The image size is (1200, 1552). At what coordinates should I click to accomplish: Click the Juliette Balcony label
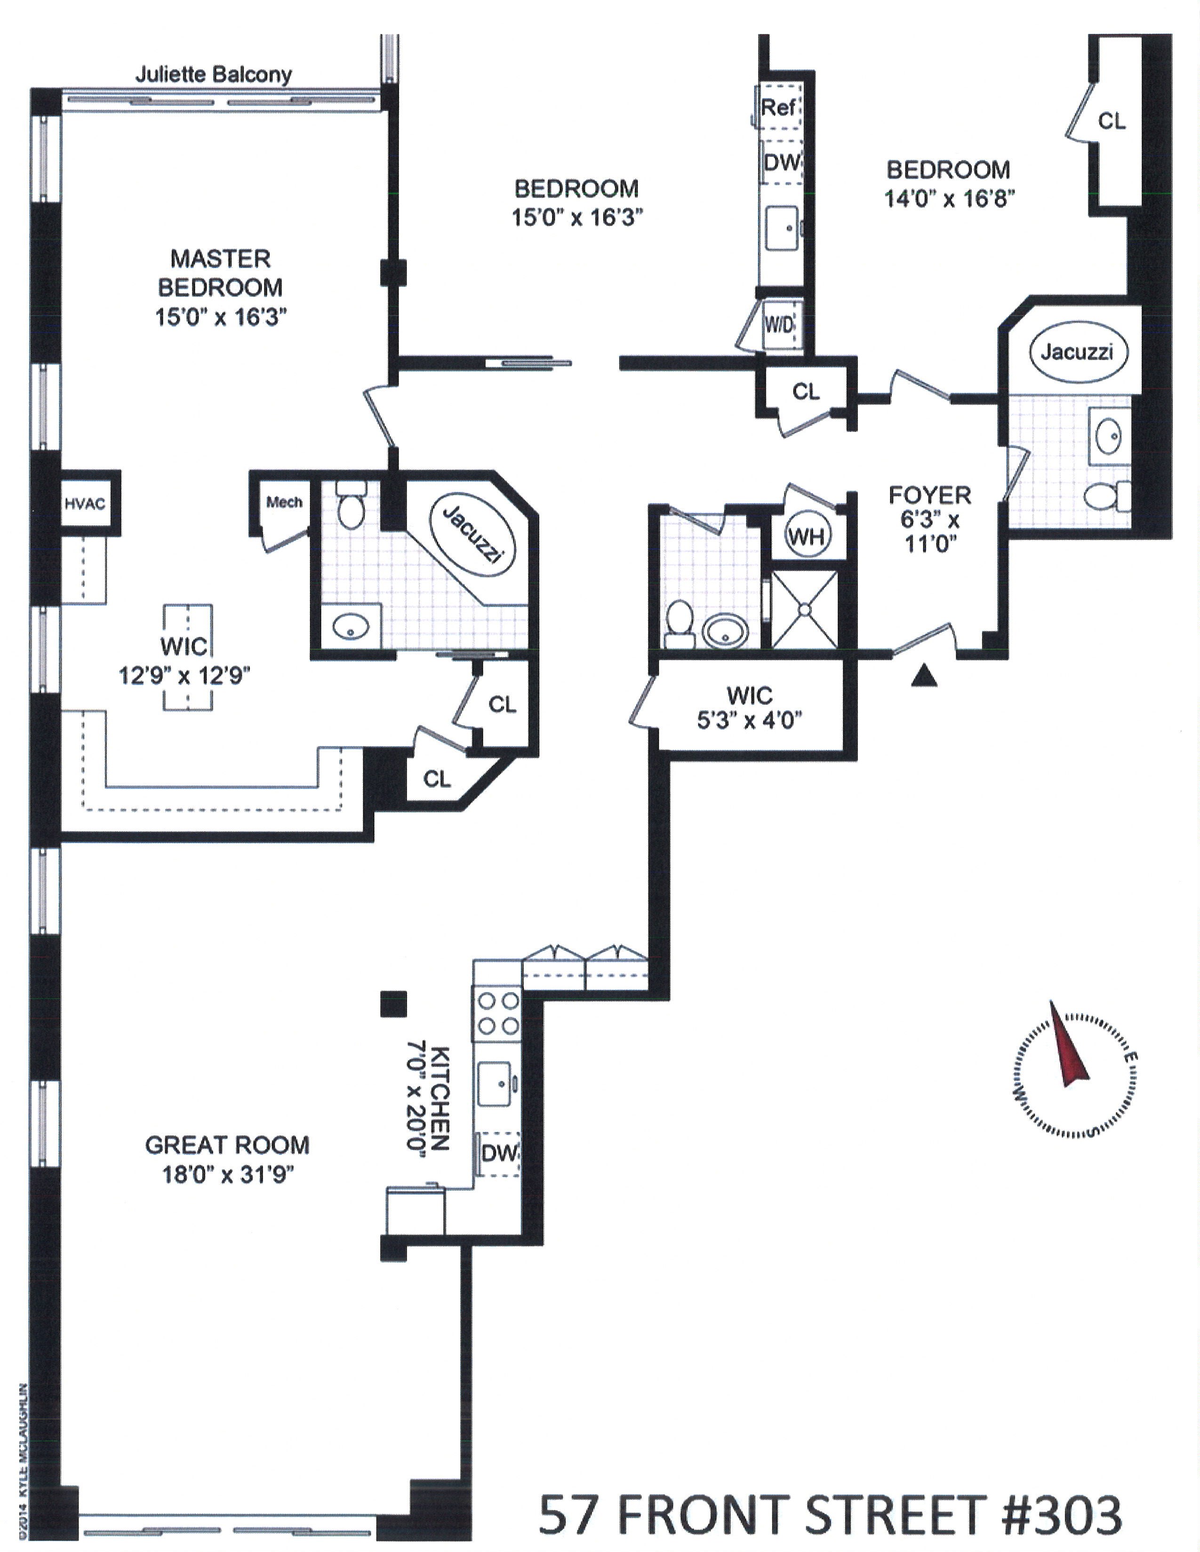213,75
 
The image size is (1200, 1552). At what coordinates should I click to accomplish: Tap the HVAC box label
85,504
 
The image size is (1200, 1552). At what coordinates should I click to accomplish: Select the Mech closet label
284,502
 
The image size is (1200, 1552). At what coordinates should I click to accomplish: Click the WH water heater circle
806,536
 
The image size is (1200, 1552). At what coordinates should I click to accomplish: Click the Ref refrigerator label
778,108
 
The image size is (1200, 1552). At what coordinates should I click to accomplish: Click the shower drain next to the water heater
804,609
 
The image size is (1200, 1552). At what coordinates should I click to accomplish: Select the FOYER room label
929,495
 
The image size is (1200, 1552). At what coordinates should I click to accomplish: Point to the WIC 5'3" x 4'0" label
749,707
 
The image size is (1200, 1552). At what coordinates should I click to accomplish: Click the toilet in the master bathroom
350,507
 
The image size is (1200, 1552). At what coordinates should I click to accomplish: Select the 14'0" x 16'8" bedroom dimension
948,198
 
